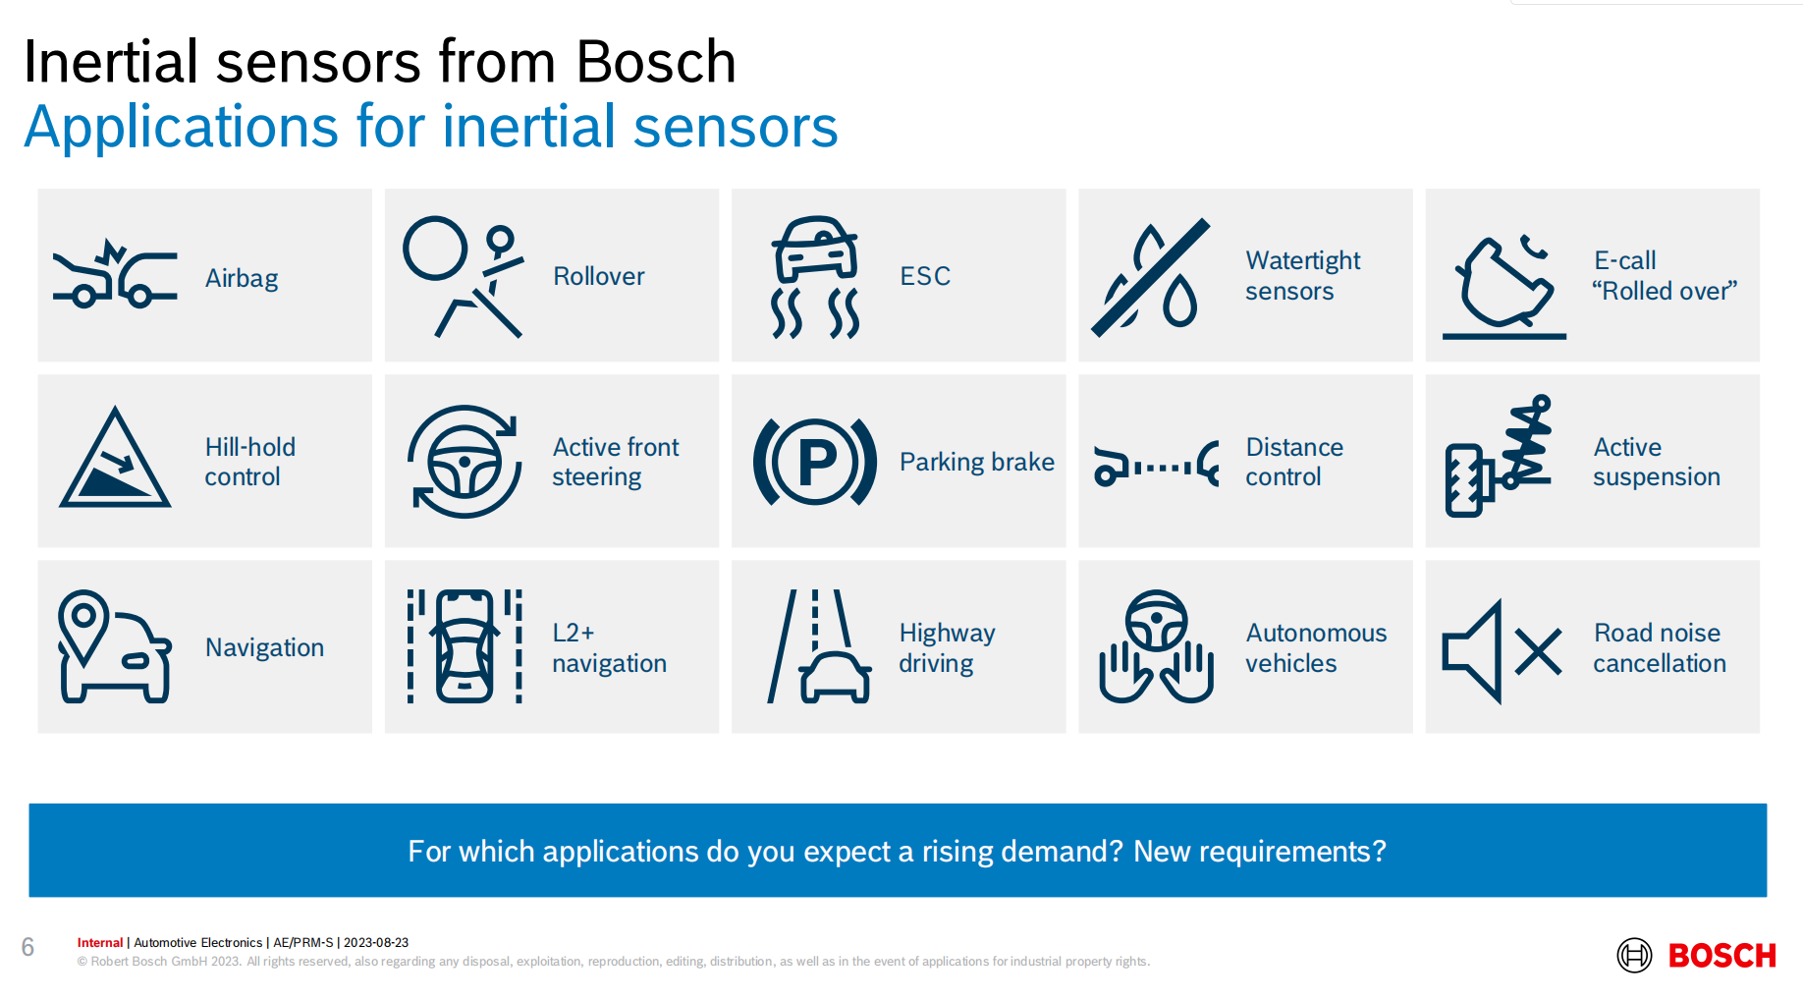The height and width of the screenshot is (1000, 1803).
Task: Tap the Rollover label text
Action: (x=599, y=276)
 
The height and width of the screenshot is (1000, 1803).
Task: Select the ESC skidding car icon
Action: (x=815, y=278)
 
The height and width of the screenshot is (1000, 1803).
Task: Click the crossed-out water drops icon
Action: (x=1150, y=277)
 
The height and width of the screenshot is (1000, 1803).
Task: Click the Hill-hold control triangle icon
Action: (x=115, y=458)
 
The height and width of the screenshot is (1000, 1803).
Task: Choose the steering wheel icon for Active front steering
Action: (x=464, y=462)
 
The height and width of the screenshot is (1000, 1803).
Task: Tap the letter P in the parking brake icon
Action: (x=817, y=461)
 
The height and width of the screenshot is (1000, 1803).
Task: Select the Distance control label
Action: (x=1294, y=462)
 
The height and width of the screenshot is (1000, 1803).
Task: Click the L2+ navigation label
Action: (x=609, y=648)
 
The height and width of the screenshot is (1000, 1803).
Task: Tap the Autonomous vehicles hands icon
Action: (x=1157, y=646)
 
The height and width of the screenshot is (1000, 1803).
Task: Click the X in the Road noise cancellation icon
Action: (x=1539, y=652)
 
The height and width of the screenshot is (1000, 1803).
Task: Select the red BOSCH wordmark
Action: (x=1722, y=956)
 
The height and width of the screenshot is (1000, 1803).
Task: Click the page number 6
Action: (x=27, y=947)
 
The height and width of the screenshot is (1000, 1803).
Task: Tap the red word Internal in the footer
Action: (x=100, y=943)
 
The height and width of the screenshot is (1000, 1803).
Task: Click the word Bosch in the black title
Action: (x=656, y=62)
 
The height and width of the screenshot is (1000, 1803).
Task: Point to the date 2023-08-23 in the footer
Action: (x=376, y=943)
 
